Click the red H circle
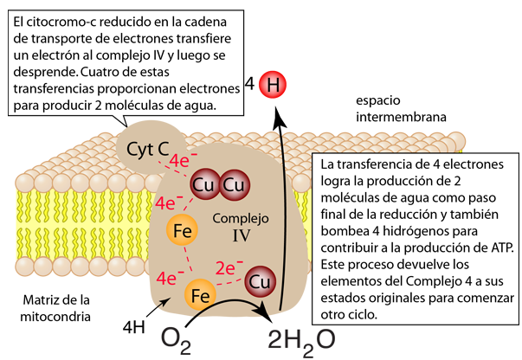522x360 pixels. pyautogui.click(x=274, y=85)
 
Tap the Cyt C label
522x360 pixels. pyautogui.click(x=147, y=148)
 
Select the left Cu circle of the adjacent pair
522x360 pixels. pyautogui.click(x=204, y=185)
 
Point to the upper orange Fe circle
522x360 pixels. pyautogui.click(x=183, y=231)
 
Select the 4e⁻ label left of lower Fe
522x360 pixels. pyautogui.click(x=166, y=279)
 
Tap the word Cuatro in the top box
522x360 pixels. pyautogui.click(x=108, y=73)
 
